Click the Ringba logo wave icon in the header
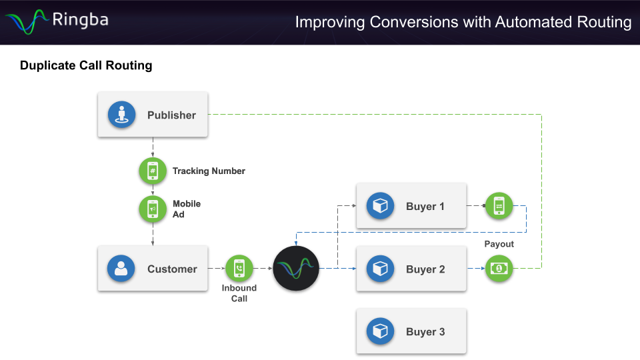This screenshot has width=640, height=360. [x=27, y=21]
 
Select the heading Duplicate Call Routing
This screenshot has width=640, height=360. [x=86, y=65]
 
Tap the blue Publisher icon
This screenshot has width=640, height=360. [x=121, y=115]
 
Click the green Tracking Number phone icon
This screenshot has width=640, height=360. [x=153, y=171]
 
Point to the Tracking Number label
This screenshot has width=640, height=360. [x=209, y=171]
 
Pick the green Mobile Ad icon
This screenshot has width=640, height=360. [x=153, y=209]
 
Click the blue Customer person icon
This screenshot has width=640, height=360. [x=121, y=269]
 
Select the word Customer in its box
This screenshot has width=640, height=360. [x=172, y=269]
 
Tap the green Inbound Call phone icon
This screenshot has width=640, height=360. [x=239, y=269]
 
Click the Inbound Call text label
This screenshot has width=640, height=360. [x=239, y=293]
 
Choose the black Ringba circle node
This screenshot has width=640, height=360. [x=296, y=269]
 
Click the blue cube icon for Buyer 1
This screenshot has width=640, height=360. [x=380, y=206]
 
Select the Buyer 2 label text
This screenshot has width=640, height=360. [x=425, y=269]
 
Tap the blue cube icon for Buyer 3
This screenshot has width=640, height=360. [x=380, y=331]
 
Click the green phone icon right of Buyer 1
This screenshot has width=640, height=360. [x=499, y=206]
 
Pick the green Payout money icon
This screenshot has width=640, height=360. [x=499, y=269]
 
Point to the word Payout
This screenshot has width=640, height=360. [x=499, y=244]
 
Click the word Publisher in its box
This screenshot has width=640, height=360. [x=171, y=115]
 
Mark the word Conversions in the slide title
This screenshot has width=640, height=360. [x=414, y=22]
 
